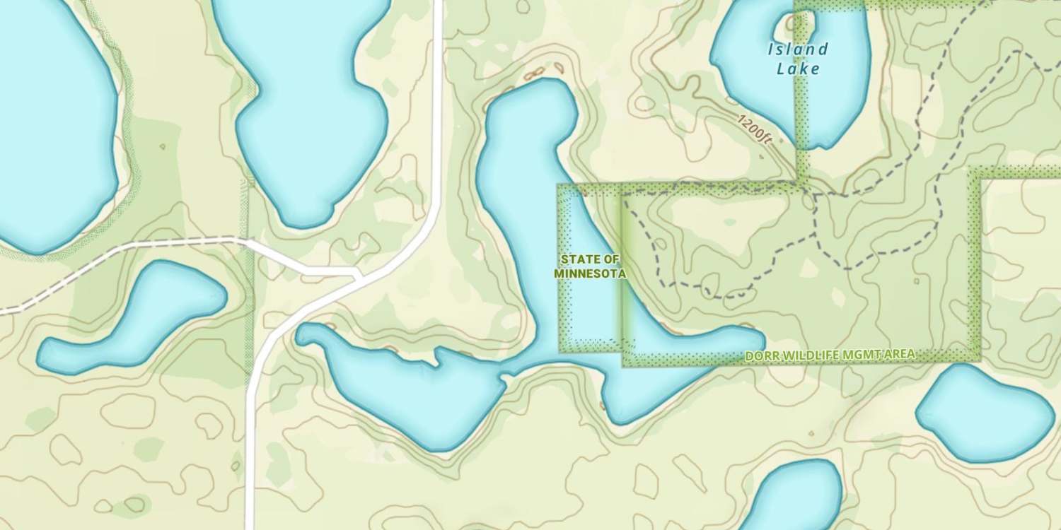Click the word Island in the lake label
tap(797, 49)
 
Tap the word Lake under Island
tap(798, 69)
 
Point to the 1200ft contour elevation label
tap(755, 129)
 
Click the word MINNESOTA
tap(590, 273)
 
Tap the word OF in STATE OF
tap(612, 259)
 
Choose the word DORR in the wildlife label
tap(761, 355)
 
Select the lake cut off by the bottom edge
tap(792, 498)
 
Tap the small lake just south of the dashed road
tap(134, 318)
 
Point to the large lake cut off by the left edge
tap(50, 127)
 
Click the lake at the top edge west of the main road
tap(311, 106)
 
